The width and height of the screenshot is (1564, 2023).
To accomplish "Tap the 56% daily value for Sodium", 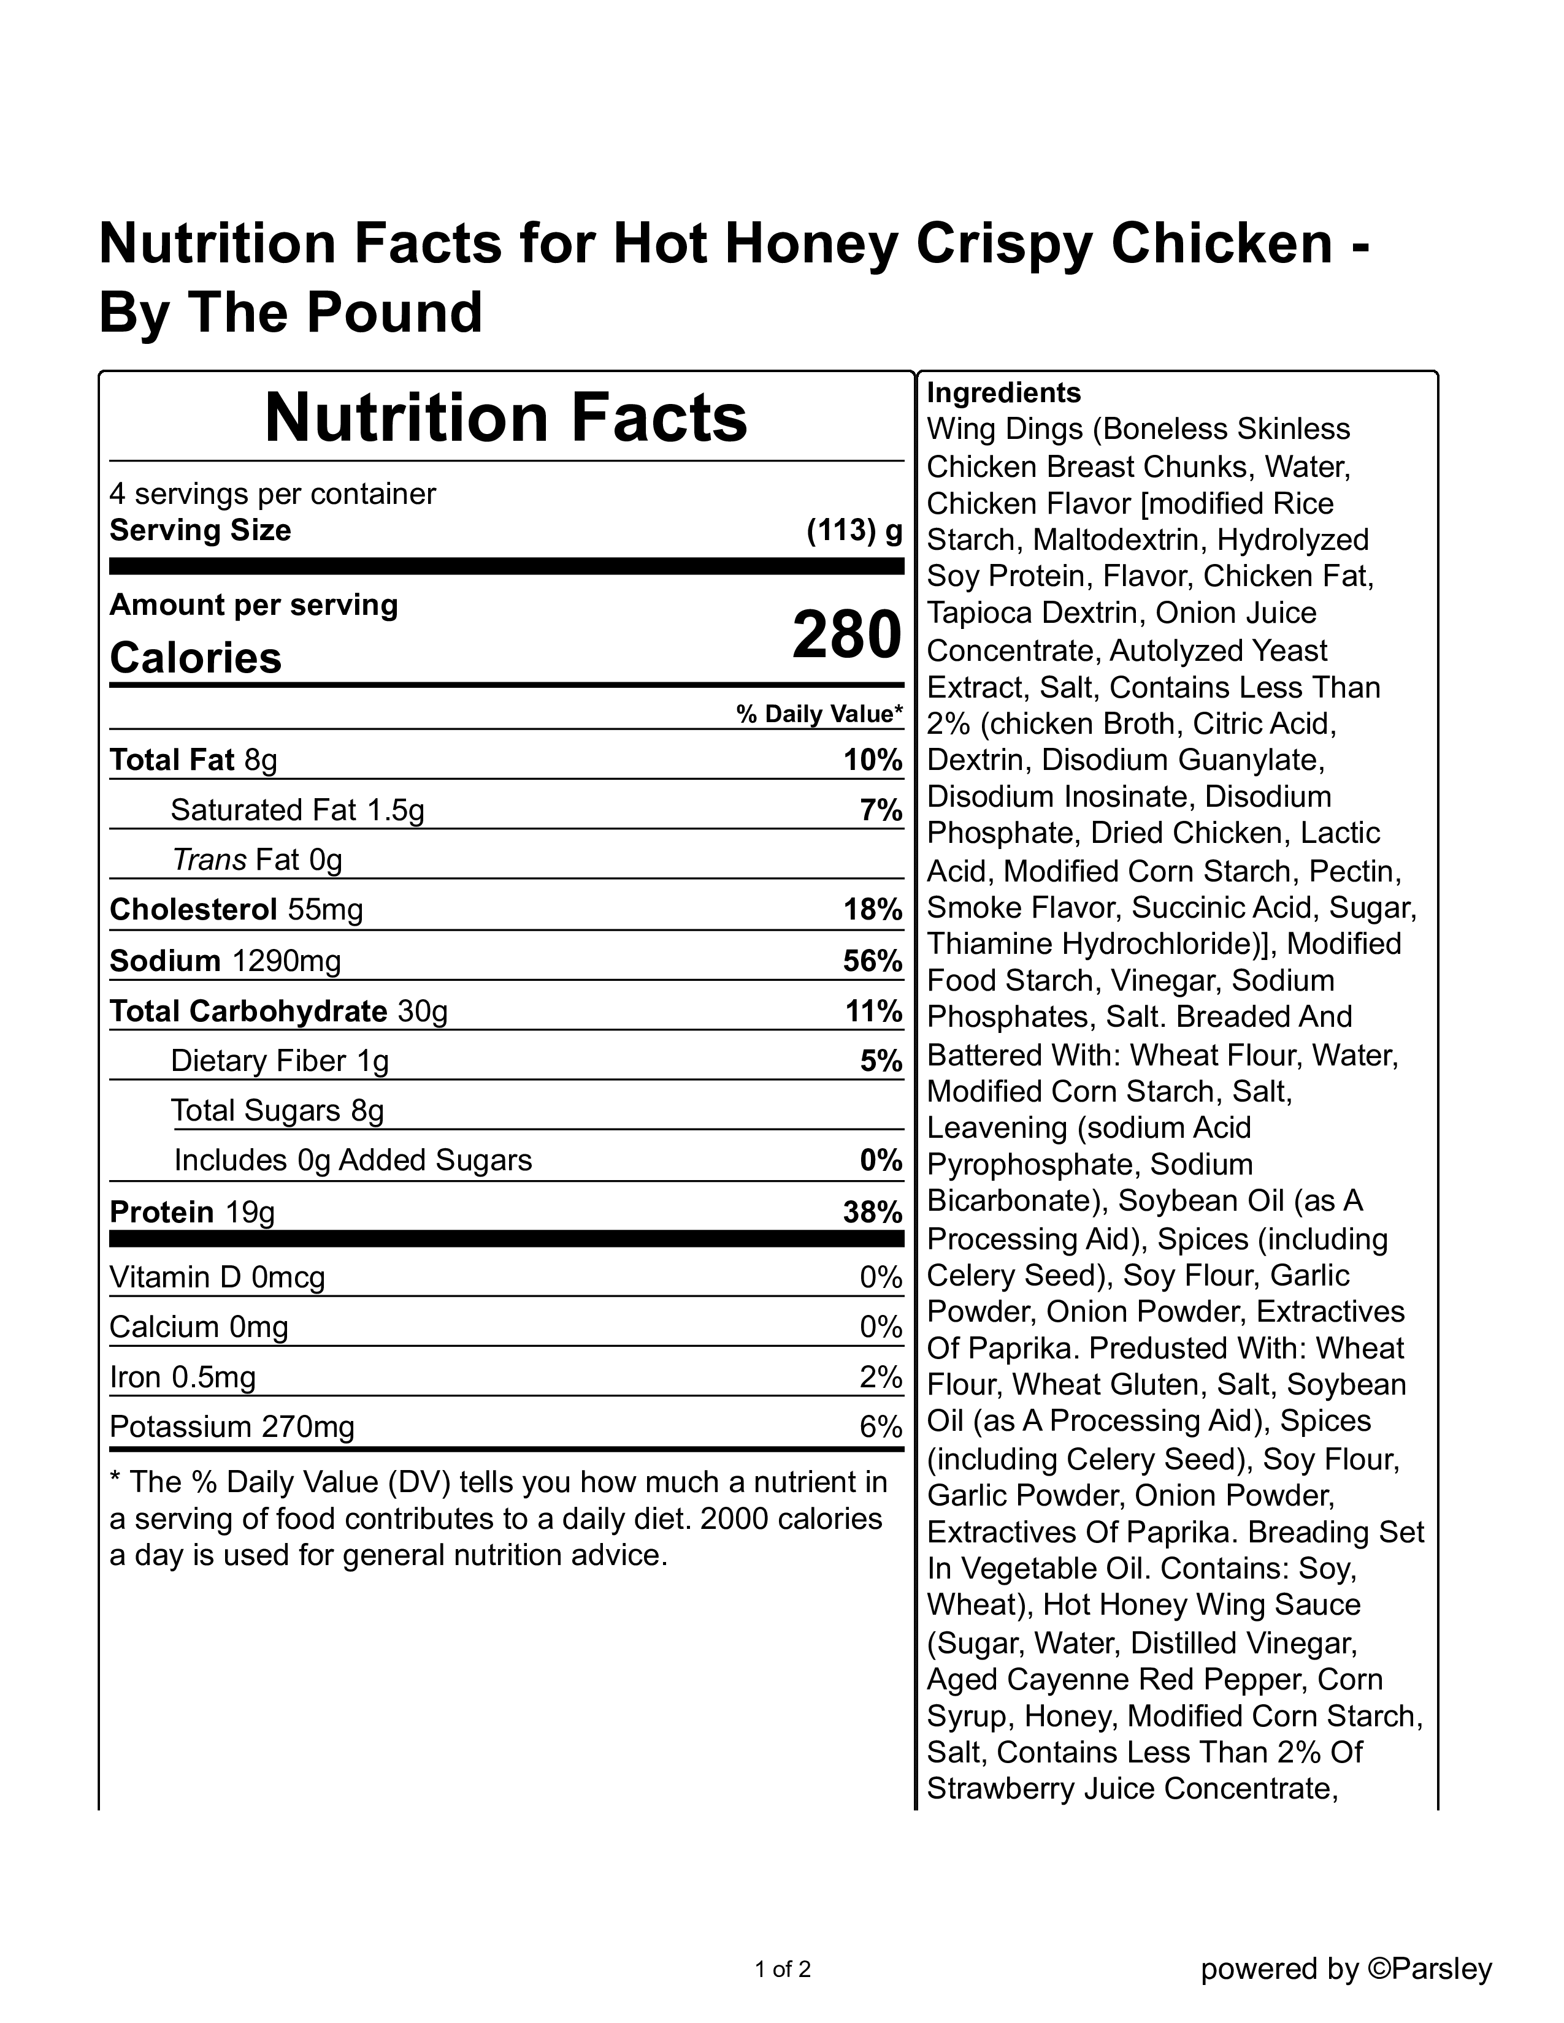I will tap(872, 961).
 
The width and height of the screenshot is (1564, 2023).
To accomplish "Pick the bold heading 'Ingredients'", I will tap(1003, 393).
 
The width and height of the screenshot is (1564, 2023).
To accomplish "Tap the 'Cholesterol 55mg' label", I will tap(236, 910).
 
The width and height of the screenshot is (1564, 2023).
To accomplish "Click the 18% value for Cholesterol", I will tap(872, 910).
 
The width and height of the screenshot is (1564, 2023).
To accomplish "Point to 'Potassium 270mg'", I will tap(232, 1427).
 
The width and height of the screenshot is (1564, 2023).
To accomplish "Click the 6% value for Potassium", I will tap(880, 1427).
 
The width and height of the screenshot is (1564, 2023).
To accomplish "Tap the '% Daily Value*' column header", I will tap(819, 714).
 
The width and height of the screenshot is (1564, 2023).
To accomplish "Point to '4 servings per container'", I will tap(272, 493).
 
